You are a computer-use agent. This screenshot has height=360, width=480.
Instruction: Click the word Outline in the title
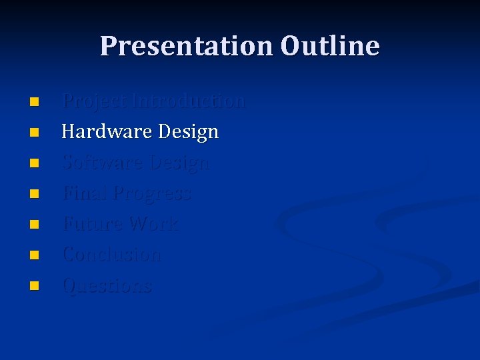point(330,47)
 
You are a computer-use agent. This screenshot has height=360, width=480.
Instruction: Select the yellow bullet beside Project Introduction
point(34,102)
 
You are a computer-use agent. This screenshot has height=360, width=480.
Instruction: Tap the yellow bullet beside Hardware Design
point(34,133)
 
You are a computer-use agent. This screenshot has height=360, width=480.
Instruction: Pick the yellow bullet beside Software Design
point(34,163)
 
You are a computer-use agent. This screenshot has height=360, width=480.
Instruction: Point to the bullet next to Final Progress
point(34,194)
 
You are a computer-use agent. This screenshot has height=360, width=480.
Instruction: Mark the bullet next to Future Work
point(34,225)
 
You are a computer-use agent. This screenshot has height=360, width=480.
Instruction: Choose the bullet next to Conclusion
point(34,255)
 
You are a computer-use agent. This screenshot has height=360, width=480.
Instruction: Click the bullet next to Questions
point(34,286)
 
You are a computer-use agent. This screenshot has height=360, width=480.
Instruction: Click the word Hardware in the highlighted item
point(107,132)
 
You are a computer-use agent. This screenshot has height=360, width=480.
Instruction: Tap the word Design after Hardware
point(189,133)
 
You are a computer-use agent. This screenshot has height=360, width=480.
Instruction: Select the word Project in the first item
point(94,102)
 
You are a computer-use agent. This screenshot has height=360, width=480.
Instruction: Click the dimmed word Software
point(103,163)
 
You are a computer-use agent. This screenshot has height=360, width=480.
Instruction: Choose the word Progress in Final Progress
point(152,194)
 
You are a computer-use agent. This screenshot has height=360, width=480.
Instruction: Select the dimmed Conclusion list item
point(111,255)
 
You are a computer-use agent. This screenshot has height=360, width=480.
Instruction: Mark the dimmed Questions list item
point(107,286)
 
